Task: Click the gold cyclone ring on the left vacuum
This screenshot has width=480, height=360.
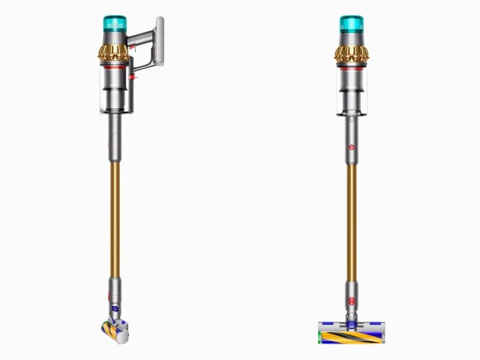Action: (x=114, y=53)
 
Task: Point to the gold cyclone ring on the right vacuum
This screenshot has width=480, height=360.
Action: (x=349, y=53)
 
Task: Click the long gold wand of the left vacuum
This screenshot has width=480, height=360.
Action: (x=114, y=217)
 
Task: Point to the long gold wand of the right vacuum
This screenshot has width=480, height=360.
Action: (x=349, y=217)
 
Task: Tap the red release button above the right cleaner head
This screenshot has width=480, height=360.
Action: (x=349, y=304)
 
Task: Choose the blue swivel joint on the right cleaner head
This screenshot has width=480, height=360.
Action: (x=349, y=317)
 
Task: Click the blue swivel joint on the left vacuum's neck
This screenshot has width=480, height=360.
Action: (x=115, y=307)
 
